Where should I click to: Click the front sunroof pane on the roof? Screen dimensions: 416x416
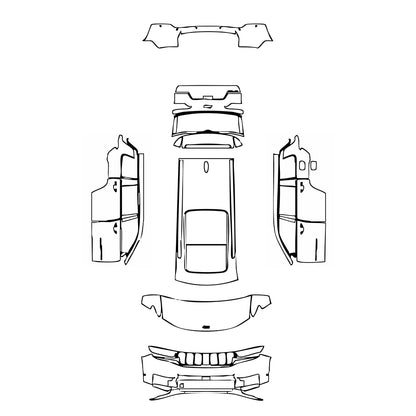point(207,225)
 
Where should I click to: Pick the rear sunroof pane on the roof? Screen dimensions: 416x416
point(207,254)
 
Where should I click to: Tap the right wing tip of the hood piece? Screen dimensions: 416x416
point(268,297)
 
